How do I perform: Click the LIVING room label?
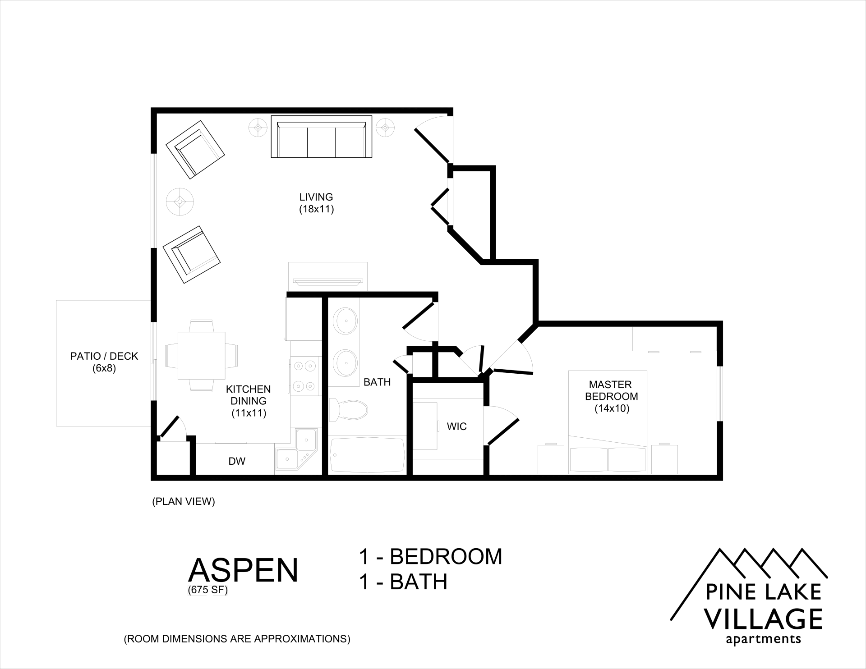coord(316,197)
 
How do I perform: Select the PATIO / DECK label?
coord(104,356)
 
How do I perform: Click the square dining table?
coord(201,355)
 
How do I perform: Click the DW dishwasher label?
coord(237,461)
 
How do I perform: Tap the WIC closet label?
coord(456,426)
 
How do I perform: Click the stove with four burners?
coord(304,376)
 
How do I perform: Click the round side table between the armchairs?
coord(180,201)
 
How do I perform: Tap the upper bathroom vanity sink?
coord(345,321)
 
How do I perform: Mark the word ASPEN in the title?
coord(243,570)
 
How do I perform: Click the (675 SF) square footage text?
coord(208,590)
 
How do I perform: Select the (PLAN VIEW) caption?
coord(184,501)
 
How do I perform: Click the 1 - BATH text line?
coord(403,582)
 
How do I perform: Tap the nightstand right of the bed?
coord(664,459)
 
